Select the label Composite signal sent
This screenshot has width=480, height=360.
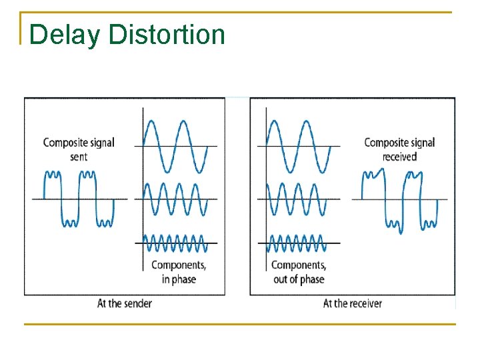pos(79,149)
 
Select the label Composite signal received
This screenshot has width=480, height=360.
pos(399,149)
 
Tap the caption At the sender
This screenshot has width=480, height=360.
pos(125,303)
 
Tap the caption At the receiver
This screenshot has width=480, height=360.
pos(352,303)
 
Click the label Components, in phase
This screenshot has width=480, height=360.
pos(178,272)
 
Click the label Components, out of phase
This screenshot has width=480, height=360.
pos(298,272)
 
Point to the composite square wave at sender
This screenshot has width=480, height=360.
pos(79,198)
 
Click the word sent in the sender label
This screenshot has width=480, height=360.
pos(79,157)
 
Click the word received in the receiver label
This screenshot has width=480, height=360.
pos(399,157)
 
